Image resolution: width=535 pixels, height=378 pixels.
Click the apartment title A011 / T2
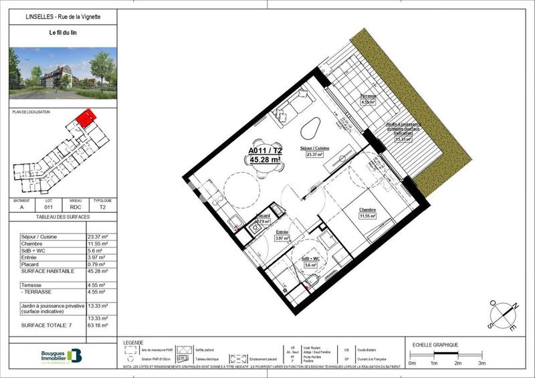(x=265, y=151)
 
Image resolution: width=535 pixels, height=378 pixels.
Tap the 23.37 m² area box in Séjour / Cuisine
(x=314, y=155)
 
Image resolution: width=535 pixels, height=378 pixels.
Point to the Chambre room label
(x=367, y=209)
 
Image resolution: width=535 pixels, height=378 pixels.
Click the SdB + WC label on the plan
(x=310, y=259)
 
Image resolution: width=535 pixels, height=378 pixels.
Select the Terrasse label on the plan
(x=368, y=96)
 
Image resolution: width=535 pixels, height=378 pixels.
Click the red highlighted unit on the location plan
(x=85, y=119)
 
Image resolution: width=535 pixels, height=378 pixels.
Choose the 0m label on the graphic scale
(x=412, y=363)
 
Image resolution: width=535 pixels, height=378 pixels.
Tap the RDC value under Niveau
(x=75, y=207)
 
